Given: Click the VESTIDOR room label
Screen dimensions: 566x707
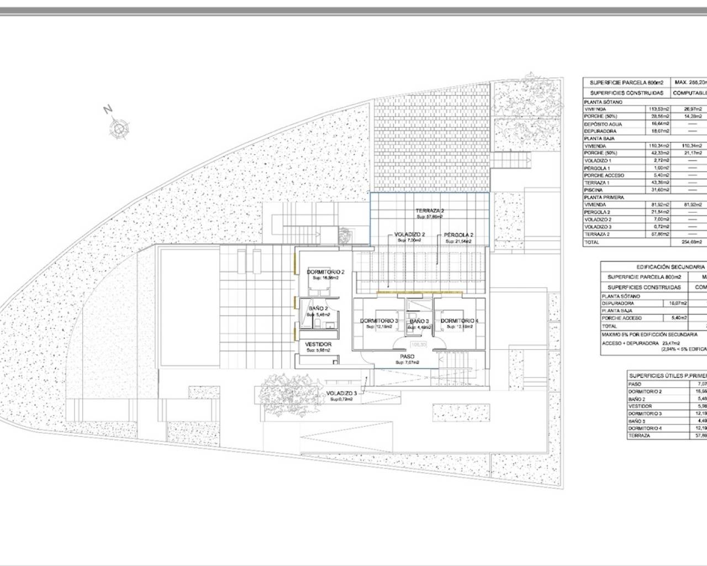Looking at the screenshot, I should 319,344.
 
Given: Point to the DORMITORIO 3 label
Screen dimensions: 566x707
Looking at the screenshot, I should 379,321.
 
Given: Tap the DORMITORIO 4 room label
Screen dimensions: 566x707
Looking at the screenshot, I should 460,321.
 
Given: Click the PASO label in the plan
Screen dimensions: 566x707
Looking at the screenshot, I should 407,357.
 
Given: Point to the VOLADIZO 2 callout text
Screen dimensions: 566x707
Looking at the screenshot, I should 409,235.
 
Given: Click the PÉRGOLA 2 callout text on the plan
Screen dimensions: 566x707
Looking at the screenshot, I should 459,235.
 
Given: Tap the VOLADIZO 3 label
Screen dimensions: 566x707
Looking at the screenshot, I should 341,393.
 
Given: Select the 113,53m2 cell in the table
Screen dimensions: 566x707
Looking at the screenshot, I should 658,109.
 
